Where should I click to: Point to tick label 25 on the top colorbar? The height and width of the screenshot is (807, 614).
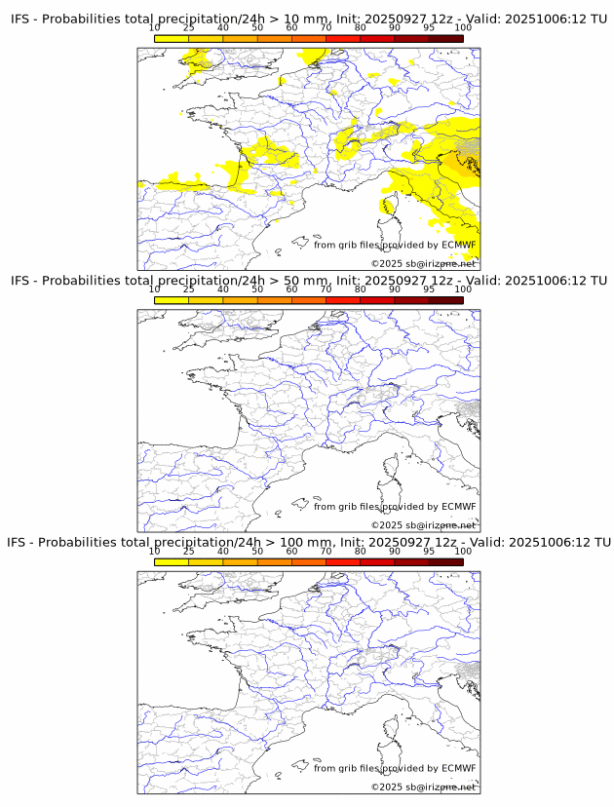point(189,27)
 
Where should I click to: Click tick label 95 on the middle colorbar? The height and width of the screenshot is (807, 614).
point(429,289)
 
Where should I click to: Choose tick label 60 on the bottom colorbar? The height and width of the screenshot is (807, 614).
point(291,552)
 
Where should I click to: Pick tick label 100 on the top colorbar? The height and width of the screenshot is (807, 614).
point(462,27)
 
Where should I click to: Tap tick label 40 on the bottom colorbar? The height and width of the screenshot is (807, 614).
point(223,552)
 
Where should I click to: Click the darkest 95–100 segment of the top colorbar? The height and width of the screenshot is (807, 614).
point(445,39)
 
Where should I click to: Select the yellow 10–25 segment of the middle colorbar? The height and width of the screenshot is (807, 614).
point(172,301)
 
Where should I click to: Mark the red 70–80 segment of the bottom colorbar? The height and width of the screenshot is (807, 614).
point(342,562)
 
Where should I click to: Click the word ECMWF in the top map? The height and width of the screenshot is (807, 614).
point(458,245)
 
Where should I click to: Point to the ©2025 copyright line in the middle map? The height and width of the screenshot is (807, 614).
point(423,525)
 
